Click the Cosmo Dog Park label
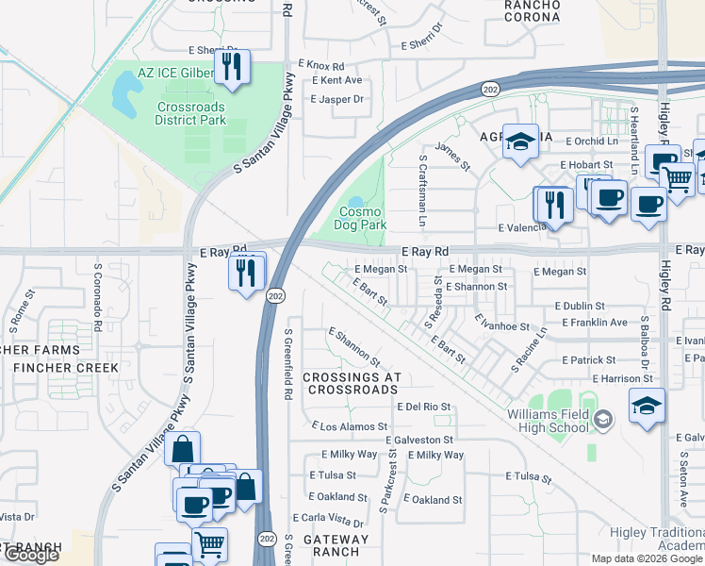[x=362, y=219]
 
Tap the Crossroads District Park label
[x=190, y=114]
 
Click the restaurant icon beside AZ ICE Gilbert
[x=231, y=66]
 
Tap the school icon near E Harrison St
[x=647, y=407]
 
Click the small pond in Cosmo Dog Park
[x=355, y=202]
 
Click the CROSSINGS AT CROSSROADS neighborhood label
[x=352, y=383]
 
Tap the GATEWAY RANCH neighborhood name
[x=336, y=545]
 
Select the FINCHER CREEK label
[x=65, y=368]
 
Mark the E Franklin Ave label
[x=591, y=323]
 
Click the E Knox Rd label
[x=321, y=65]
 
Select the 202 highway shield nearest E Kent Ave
[x=489, y=89]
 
